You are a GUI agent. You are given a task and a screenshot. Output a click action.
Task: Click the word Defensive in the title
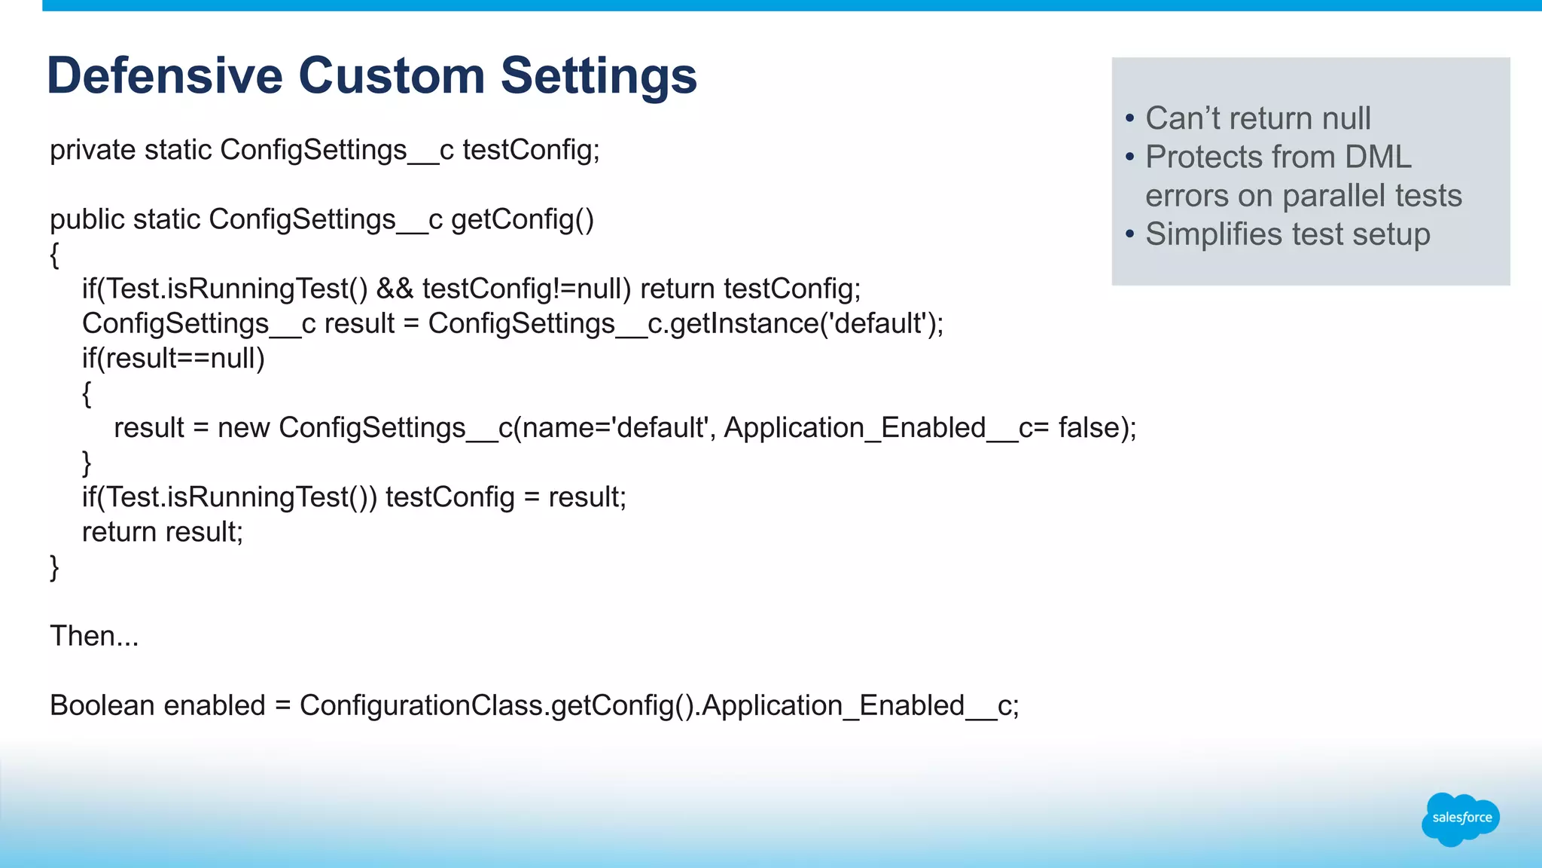point(164,76)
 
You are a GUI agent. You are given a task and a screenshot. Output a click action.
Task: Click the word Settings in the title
point(599,76)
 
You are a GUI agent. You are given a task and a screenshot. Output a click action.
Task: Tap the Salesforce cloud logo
point(1461,818)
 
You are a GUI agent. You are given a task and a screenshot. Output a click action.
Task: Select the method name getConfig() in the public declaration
point(523,219)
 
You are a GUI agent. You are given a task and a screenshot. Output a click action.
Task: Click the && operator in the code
point(395,289)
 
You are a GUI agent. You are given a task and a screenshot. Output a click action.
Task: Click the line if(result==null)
point(173,358)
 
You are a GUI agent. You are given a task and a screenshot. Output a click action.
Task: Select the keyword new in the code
point(243,428)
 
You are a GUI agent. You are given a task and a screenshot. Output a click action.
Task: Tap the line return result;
point(163,532)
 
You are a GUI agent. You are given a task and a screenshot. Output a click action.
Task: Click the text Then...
point(83,636)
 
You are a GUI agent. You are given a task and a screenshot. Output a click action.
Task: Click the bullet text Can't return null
point(1257,118)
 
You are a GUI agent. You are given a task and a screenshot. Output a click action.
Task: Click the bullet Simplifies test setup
point(1288,234)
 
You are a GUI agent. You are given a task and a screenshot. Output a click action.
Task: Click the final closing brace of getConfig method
point(54,567)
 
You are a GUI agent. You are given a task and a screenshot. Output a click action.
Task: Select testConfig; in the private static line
point(531,150)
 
